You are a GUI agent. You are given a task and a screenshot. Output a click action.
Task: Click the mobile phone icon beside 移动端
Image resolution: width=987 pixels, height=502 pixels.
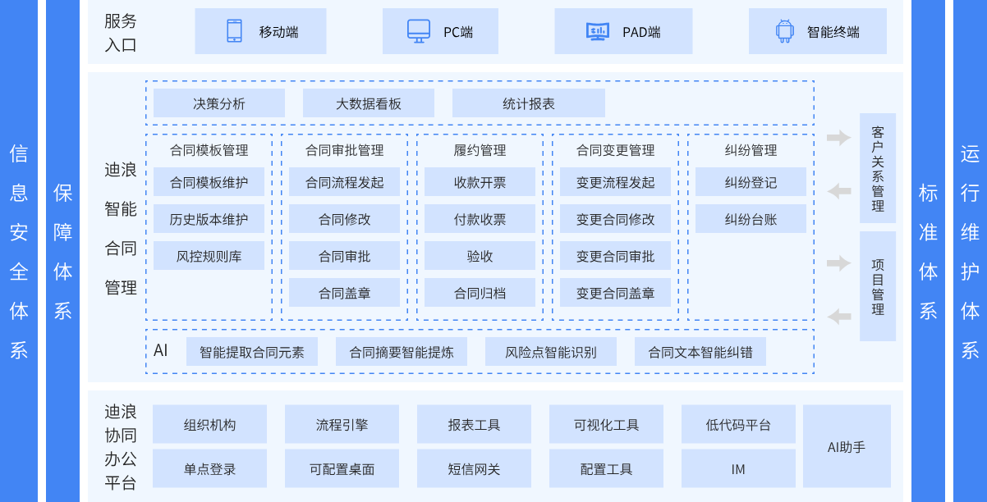(234, 31)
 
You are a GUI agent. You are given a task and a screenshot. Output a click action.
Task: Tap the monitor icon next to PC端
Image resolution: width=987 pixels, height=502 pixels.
(419, 31)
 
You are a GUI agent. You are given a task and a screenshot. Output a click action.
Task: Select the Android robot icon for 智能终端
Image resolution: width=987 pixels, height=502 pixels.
(784, 31)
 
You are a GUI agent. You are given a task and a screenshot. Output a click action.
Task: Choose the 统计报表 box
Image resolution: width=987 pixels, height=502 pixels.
(528, 103)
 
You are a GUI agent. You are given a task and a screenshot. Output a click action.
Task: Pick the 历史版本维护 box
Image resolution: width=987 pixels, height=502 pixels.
(209, 219)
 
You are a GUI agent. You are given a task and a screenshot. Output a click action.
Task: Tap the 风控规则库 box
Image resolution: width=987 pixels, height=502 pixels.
(209, 256)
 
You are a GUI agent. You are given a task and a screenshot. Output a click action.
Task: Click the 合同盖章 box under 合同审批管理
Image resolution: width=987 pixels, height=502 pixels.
(344, 293)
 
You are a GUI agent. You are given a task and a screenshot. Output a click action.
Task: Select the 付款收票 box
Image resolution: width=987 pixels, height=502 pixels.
(480, 219)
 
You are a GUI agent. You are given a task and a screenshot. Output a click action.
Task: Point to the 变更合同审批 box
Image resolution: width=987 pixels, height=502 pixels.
(615, 256)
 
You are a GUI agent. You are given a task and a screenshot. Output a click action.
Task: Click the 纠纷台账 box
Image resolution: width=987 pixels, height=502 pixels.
(751, 219)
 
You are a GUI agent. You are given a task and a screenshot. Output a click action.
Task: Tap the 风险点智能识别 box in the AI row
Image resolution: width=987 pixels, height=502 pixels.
(550, 352)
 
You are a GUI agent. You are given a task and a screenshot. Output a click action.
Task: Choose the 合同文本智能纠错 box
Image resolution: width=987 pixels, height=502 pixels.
(700, 352)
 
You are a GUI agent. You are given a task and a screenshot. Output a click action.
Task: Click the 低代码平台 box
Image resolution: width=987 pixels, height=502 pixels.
(738, 424)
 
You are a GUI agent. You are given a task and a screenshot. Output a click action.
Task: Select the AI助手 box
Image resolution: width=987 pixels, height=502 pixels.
(847, 446)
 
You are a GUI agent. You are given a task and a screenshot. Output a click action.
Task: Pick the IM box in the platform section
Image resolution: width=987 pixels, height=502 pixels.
(738, 469)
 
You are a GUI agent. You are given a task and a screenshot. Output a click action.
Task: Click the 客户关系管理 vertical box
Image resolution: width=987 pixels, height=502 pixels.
(878, 168)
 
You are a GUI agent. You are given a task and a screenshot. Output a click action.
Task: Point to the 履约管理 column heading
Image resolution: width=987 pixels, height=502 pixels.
(480, 150)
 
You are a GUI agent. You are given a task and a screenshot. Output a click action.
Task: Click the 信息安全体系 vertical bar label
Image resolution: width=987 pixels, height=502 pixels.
(19, 251)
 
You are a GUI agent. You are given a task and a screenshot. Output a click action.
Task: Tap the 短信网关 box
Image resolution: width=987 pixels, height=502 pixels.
(474, 469)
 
